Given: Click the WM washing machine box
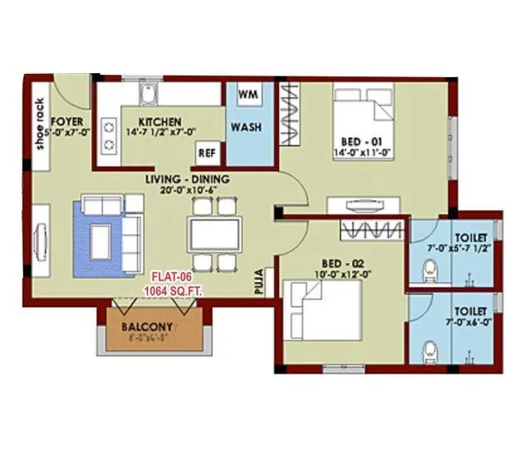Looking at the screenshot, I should [247, 95].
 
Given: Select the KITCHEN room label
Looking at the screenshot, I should [160, 122].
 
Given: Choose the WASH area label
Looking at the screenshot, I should [247, 128].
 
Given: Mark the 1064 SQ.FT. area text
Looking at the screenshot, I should [174, 291].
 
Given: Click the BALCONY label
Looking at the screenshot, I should [146, 327].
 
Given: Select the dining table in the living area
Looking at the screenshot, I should [214, 233].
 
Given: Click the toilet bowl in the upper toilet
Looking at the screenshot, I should [429, 268].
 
